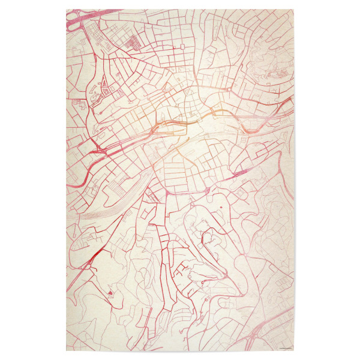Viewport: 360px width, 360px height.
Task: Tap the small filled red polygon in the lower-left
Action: coord(110,293)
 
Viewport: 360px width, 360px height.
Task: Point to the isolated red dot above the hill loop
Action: coord(221,208)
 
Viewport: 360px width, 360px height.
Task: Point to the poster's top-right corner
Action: coord(294,9)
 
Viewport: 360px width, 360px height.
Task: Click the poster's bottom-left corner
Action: coord(66,351)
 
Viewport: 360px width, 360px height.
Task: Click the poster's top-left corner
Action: coord(66,9)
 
